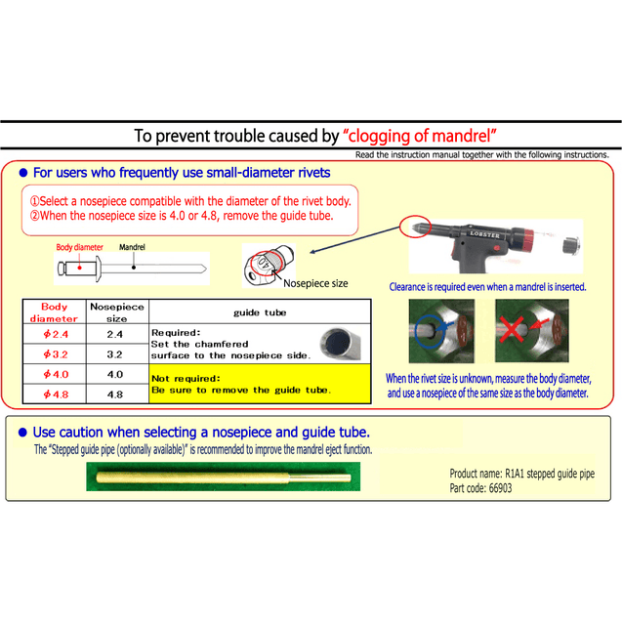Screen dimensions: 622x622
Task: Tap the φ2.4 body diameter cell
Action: tap(55, 335)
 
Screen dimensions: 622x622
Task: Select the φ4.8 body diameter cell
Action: tap(55, 394)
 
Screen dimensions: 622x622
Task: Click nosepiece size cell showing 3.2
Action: tap(114, 354)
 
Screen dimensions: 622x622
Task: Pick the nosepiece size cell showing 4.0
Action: tap(114, 375)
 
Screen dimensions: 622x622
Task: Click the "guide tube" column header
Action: tap(260, 312)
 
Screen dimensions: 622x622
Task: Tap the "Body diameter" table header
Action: tap(55, 312)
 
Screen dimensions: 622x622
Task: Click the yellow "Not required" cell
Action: tap(258, 384)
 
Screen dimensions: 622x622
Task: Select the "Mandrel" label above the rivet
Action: tap(133, 248)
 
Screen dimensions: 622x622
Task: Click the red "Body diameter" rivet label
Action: tap(79, 248)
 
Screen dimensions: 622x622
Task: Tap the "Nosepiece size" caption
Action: tap(315, 283)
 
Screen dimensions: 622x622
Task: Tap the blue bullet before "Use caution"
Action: tap(23, 431)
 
